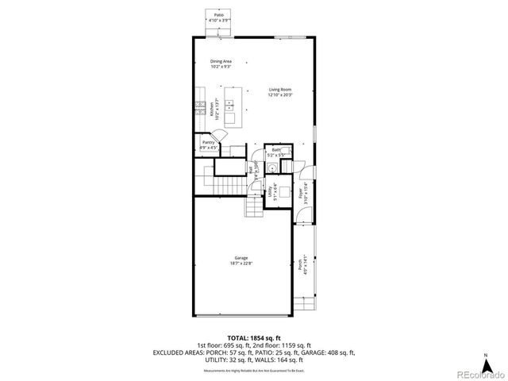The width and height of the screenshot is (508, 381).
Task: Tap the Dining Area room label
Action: tap(221, 61)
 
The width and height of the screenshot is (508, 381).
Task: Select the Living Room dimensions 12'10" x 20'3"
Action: tap(280, 95)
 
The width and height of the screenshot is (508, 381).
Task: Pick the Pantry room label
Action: tap(207, 142)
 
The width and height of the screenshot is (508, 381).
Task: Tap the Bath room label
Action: tap(275, 149)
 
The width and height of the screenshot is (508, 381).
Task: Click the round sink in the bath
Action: tap(272, 167)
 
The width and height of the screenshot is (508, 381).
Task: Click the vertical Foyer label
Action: tap(301, 193)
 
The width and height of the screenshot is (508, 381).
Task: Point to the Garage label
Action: tap(241, 258)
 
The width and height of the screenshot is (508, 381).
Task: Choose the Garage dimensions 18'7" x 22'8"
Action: tap(241, 264)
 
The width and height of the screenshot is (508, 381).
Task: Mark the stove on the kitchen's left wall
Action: tap(198, 105)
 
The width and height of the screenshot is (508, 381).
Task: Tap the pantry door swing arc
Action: tap(226, 149)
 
